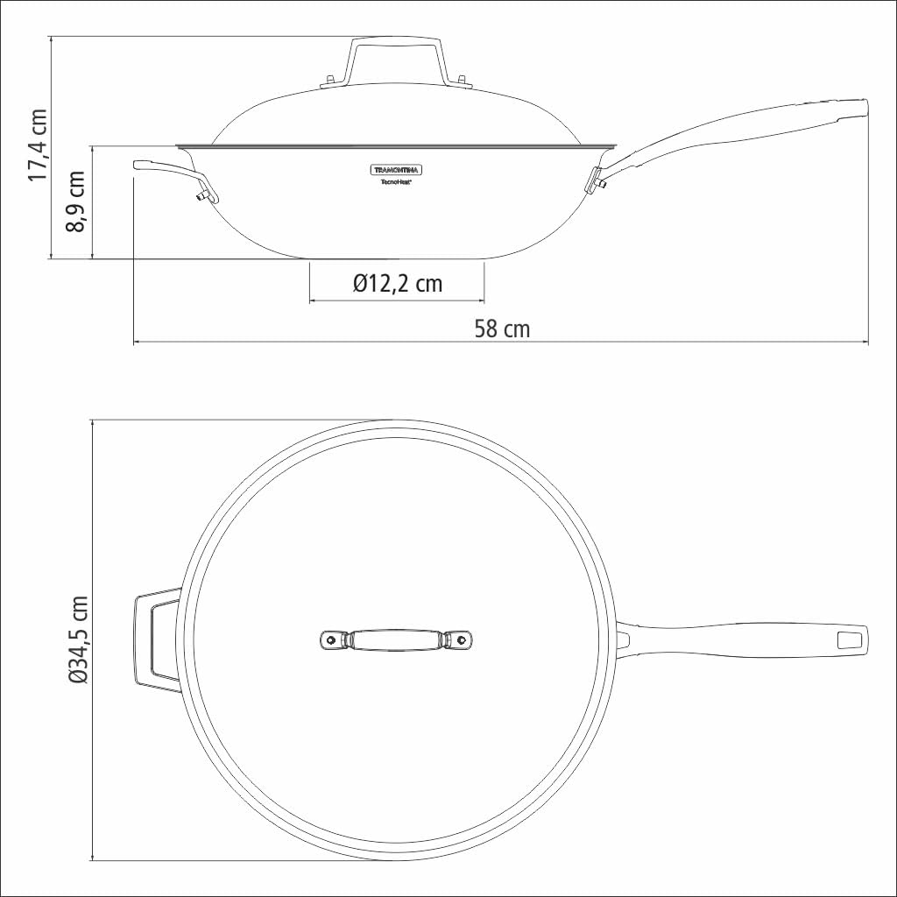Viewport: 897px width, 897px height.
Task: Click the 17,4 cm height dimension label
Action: (x=37, y=145)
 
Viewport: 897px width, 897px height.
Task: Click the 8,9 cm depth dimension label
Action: (x=77, y=201)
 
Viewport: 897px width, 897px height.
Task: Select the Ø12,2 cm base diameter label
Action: (x=397, y=283)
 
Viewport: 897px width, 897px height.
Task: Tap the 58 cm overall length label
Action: (x=501, y=328)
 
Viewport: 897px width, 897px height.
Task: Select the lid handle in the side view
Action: (x=395, y=53)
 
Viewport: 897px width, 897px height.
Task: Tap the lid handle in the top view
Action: (x=395, y=640)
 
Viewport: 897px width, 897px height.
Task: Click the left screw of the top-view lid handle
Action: (x=331, y=640)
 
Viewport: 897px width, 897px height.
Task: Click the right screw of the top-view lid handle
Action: (x=461, y=640)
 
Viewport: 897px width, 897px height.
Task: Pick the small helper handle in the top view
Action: (x=156, y=640)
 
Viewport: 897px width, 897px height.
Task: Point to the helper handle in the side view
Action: (x=166, y=171)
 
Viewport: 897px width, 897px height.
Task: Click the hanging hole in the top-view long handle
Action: (x=849, y=639)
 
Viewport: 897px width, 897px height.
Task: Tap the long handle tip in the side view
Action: (x=854, y=109)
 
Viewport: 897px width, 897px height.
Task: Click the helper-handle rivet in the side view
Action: (x=202, y=194)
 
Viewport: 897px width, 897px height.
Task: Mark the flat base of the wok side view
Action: (x=396, y=258)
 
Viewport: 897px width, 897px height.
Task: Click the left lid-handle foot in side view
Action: (x=330, y=82)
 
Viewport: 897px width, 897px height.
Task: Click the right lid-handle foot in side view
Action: (x=459, y=82)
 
